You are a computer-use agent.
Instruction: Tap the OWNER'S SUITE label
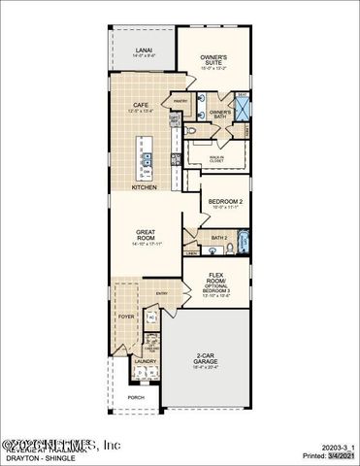212,61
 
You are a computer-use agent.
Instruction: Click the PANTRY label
180,99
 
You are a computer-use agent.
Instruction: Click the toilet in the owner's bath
192,130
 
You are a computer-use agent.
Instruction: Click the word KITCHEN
145,186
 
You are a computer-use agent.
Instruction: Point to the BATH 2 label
218,236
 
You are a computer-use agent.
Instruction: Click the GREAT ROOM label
147,235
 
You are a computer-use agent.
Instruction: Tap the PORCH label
136,397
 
